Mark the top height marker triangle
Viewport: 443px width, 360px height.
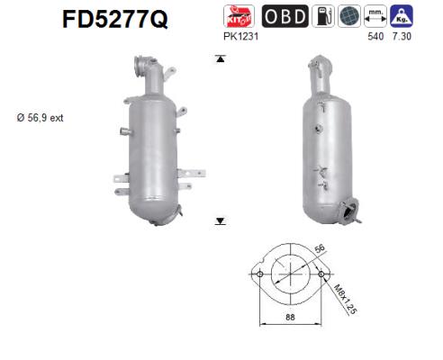219,59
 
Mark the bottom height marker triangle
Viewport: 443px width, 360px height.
219,220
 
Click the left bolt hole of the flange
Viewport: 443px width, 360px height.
259,274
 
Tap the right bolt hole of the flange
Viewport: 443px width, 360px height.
321,274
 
